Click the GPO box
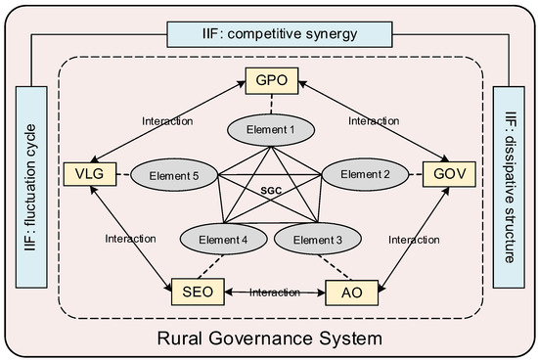[272, 80]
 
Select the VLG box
[90, 174]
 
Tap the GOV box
[449, 174]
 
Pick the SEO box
[198, 292]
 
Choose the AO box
[352, 292]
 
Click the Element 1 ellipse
[271, 130]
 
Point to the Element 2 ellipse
[365, 174]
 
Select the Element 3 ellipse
[318, 239]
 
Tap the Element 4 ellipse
[223, 239]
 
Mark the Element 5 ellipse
[174, 175]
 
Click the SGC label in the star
[271, 191]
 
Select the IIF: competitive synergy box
[280, 34]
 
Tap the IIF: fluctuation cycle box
[31, 187]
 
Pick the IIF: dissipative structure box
[509, 187]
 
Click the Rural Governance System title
[270, 338]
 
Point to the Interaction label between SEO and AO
[275, 292]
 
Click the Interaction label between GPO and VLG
[167, 121]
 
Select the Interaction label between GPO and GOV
[374, 120]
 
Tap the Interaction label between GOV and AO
[414, 240]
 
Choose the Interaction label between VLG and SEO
[130, 239]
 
